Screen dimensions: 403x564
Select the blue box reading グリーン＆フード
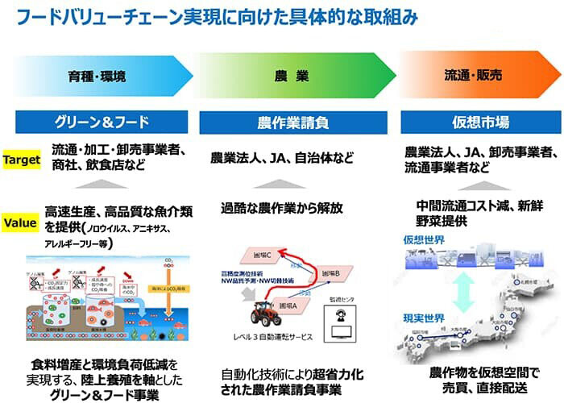[x=102, y=123]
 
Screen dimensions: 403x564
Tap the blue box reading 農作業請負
[x=295, y=123]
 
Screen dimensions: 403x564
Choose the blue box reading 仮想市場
[x=480, y=123]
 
